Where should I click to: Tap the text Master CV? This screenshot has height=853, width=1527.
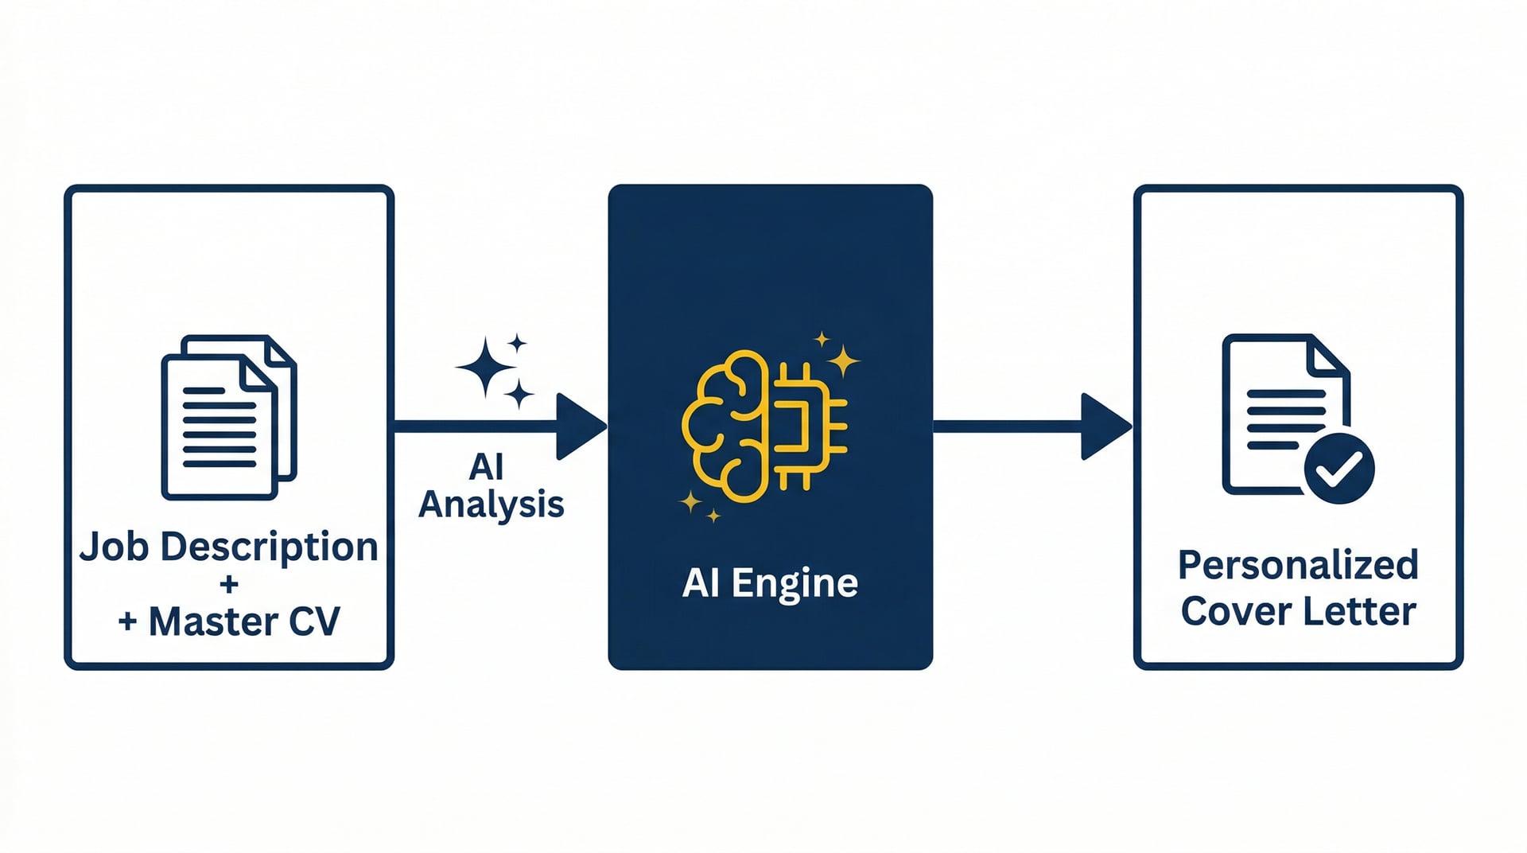click(244, 622)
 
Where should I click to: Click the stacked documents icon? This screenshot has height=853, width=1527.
click(229, 417)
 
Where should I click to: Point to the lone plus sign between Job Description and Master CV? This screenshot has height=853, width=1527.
click(229, 585)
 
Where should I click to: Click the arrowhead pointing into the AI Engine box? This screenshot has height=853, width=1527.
click(579, 426)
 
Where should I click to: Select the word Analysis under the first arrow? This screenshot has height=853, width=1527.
click(492, 504)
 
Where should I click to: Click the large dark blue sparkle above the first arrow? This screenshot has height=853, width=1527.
click(485, 367)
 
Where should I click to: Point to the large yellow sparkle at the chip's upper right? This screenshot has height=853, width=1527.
click(843, 361)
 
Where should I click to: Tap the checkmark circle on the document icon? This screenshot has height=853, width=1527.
click(1339, 469)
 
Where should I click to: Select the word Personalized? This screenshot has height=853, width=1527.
click(1298, 565)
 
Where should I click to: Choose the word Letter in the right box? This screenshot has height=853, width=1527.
click(1368, 611)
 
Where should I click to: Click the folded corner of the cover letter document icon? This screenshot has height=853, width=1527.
click(1328, 356)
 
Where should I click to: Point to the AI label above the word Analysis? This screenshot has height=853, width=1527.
click(486, 467)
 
